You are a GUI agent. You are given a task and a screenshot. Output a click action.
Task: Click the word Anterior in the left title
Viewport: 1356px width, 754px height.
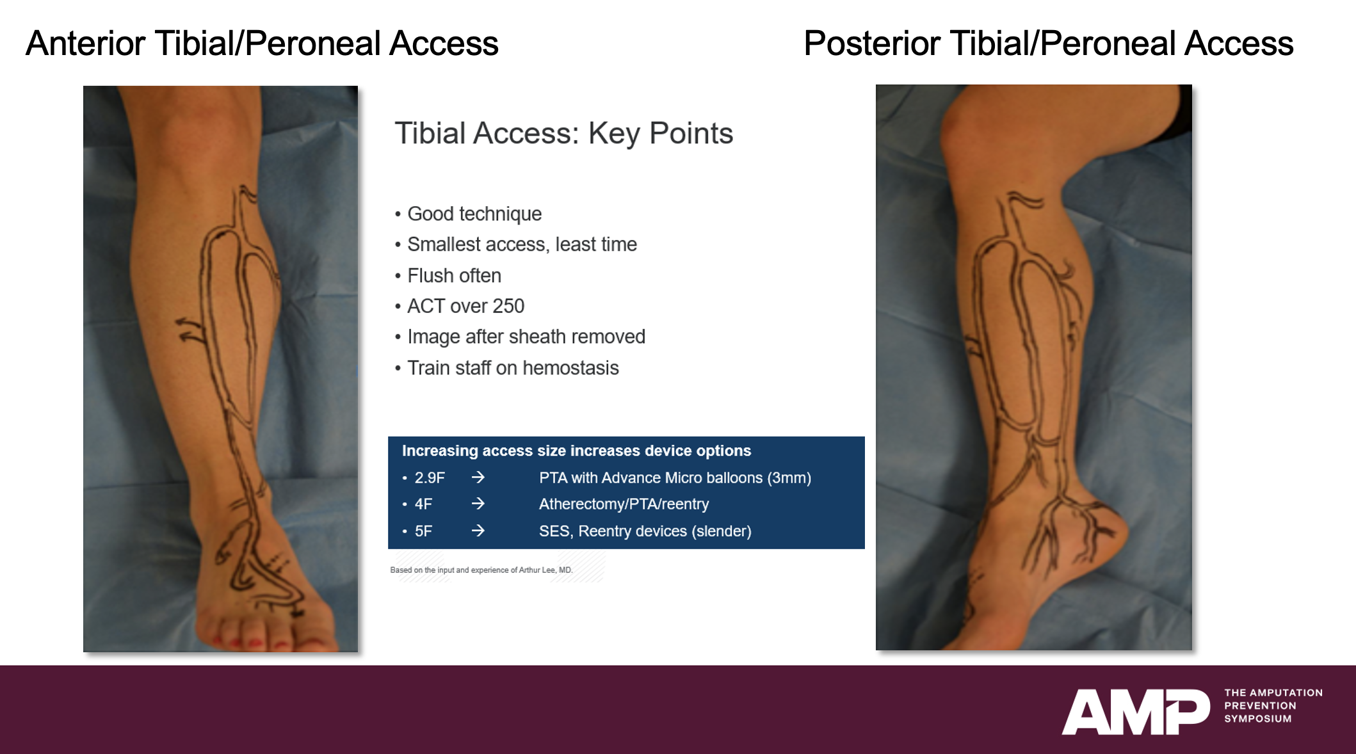86,44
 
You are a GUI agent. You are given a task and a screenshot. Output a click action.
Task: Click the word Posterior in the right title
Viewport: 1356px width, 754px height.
872,44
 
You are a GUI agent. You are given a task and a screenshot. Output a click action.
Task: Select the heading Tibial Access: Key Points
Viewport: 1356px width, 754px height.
563,134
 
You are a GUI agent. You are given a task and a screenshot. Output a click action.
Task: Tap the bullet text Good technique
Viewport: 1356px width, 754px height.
474,214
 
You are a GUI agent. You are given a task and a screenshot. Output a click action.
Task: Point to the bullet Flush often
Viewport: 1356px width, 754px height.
455,276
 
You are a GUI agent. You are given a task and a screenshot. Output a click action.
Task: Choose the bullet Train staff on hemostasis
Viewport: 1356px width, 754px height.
513,368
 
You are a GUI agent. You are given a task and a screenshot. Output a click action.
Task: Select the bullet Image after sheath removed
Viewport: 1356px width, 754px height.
526,337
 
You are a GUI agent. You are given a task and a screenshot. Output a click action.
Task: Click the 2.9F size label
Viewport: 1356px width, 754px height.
430,478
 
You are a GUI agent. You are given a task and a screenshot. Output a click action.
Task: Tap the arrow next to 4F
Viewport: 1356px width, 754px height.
478,504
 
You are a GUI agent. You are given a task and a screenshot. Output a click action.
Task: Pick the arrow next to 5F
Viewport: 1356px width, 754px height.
478,531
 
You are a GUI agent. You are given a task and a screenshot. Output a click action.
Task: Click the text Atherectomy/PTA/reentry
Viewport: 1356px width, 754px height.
624,504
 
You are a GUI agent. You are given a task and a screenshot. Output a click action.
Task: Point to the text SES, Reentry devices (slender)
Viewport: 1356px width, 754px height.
645,531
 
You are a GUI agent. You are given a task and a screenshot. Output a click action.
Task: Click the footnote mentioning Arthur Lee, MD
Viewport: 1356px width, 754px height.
481,570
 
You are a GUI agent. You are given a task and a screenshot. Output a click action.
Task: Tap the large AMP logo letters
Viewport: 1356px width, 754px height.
1136,711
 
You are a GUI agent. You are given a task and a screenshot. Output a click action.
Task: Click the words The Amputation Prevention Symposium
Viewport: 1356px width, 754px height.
1273,706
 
